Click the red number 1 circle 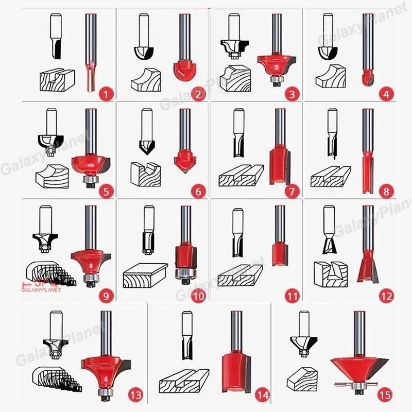[x=106, y=94]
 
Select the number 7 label [x=293, y=192]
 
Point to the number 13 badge [x=135, y=396]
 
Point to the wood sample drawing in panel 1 [x=57, y=79]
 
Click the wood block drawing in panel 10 [x=145, y=276]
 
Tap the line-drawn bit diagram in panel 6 [x=145, y=134]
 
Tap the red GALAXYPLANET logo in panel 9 [x=44, y=286]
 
